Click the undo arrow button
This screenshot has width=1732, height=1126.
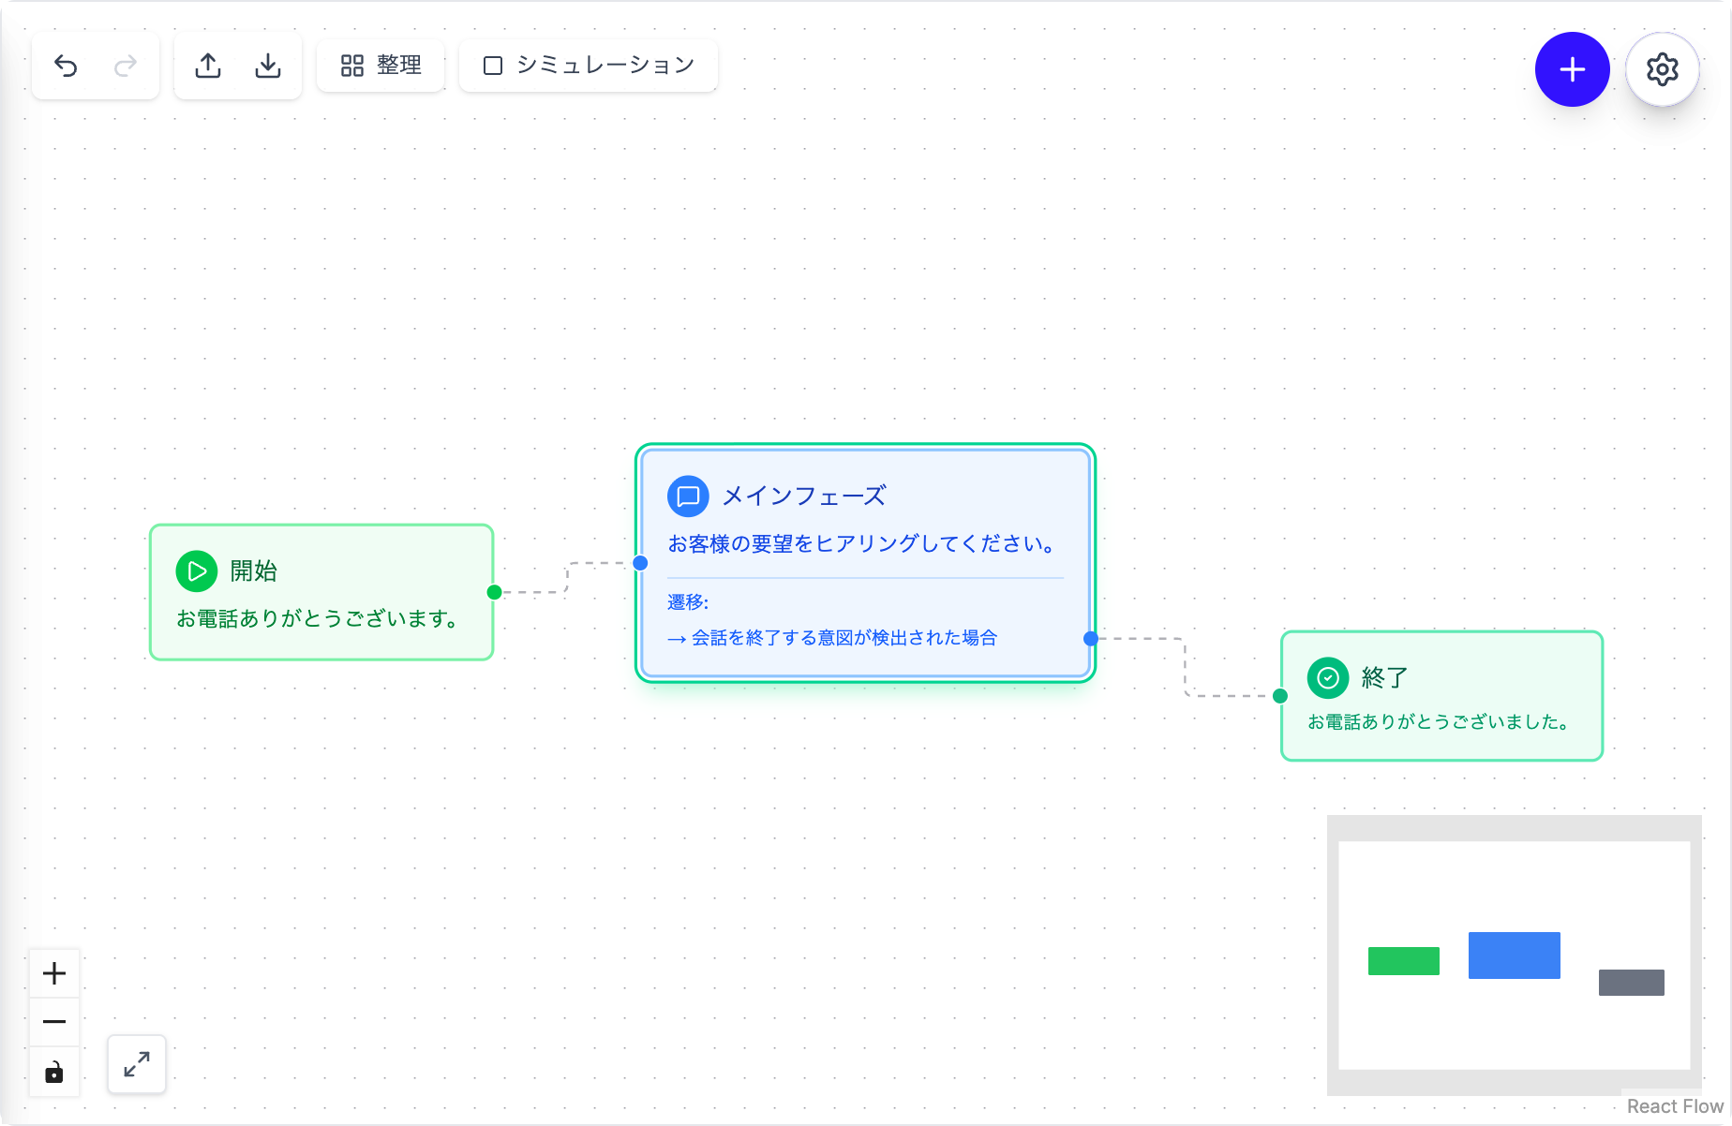(66, 66)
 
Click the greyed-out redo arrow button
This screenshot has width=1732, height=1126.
(126, 66)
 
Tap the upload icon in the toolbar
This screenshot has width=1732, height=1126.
(208, 66)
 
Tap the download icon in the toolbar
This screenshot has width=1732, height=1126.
(268, 66)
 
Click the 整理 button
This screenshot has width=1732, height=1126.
(381, 66)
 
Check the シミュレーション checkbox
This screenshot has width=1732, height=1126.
(493, 66)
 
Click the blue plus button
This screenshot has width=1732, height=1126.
(1573, 69)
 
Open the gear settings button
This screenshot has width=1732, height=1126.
(1663, 69)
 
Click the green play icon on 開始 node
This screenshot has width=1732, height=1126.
(197, 570)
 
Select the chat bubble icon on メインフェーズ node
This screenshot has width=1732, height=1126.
(688, 496)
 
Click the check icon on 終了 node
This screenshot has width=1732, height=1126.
(1328, 677)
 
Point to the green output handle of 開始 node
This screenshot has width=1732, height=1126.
(494, 592)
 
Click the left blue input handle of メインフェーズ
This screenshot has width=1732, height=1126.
(640, 563)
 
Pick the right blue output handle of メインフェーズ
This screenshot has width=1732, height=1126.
(1091, 639)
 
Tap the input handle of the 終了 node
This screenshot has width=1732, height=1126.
(1280, 696)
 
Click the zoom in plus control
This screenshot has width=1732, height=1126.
(54, 973)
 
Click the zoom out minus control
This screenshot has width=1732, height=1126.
(54, 1022)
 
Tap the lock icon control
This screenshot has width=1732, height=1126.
(54, 1072)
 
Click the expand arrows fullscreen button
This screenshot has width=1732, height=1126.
(137, 1064)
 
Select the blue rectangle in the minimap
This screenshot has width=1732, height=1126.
(1515, 956)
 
